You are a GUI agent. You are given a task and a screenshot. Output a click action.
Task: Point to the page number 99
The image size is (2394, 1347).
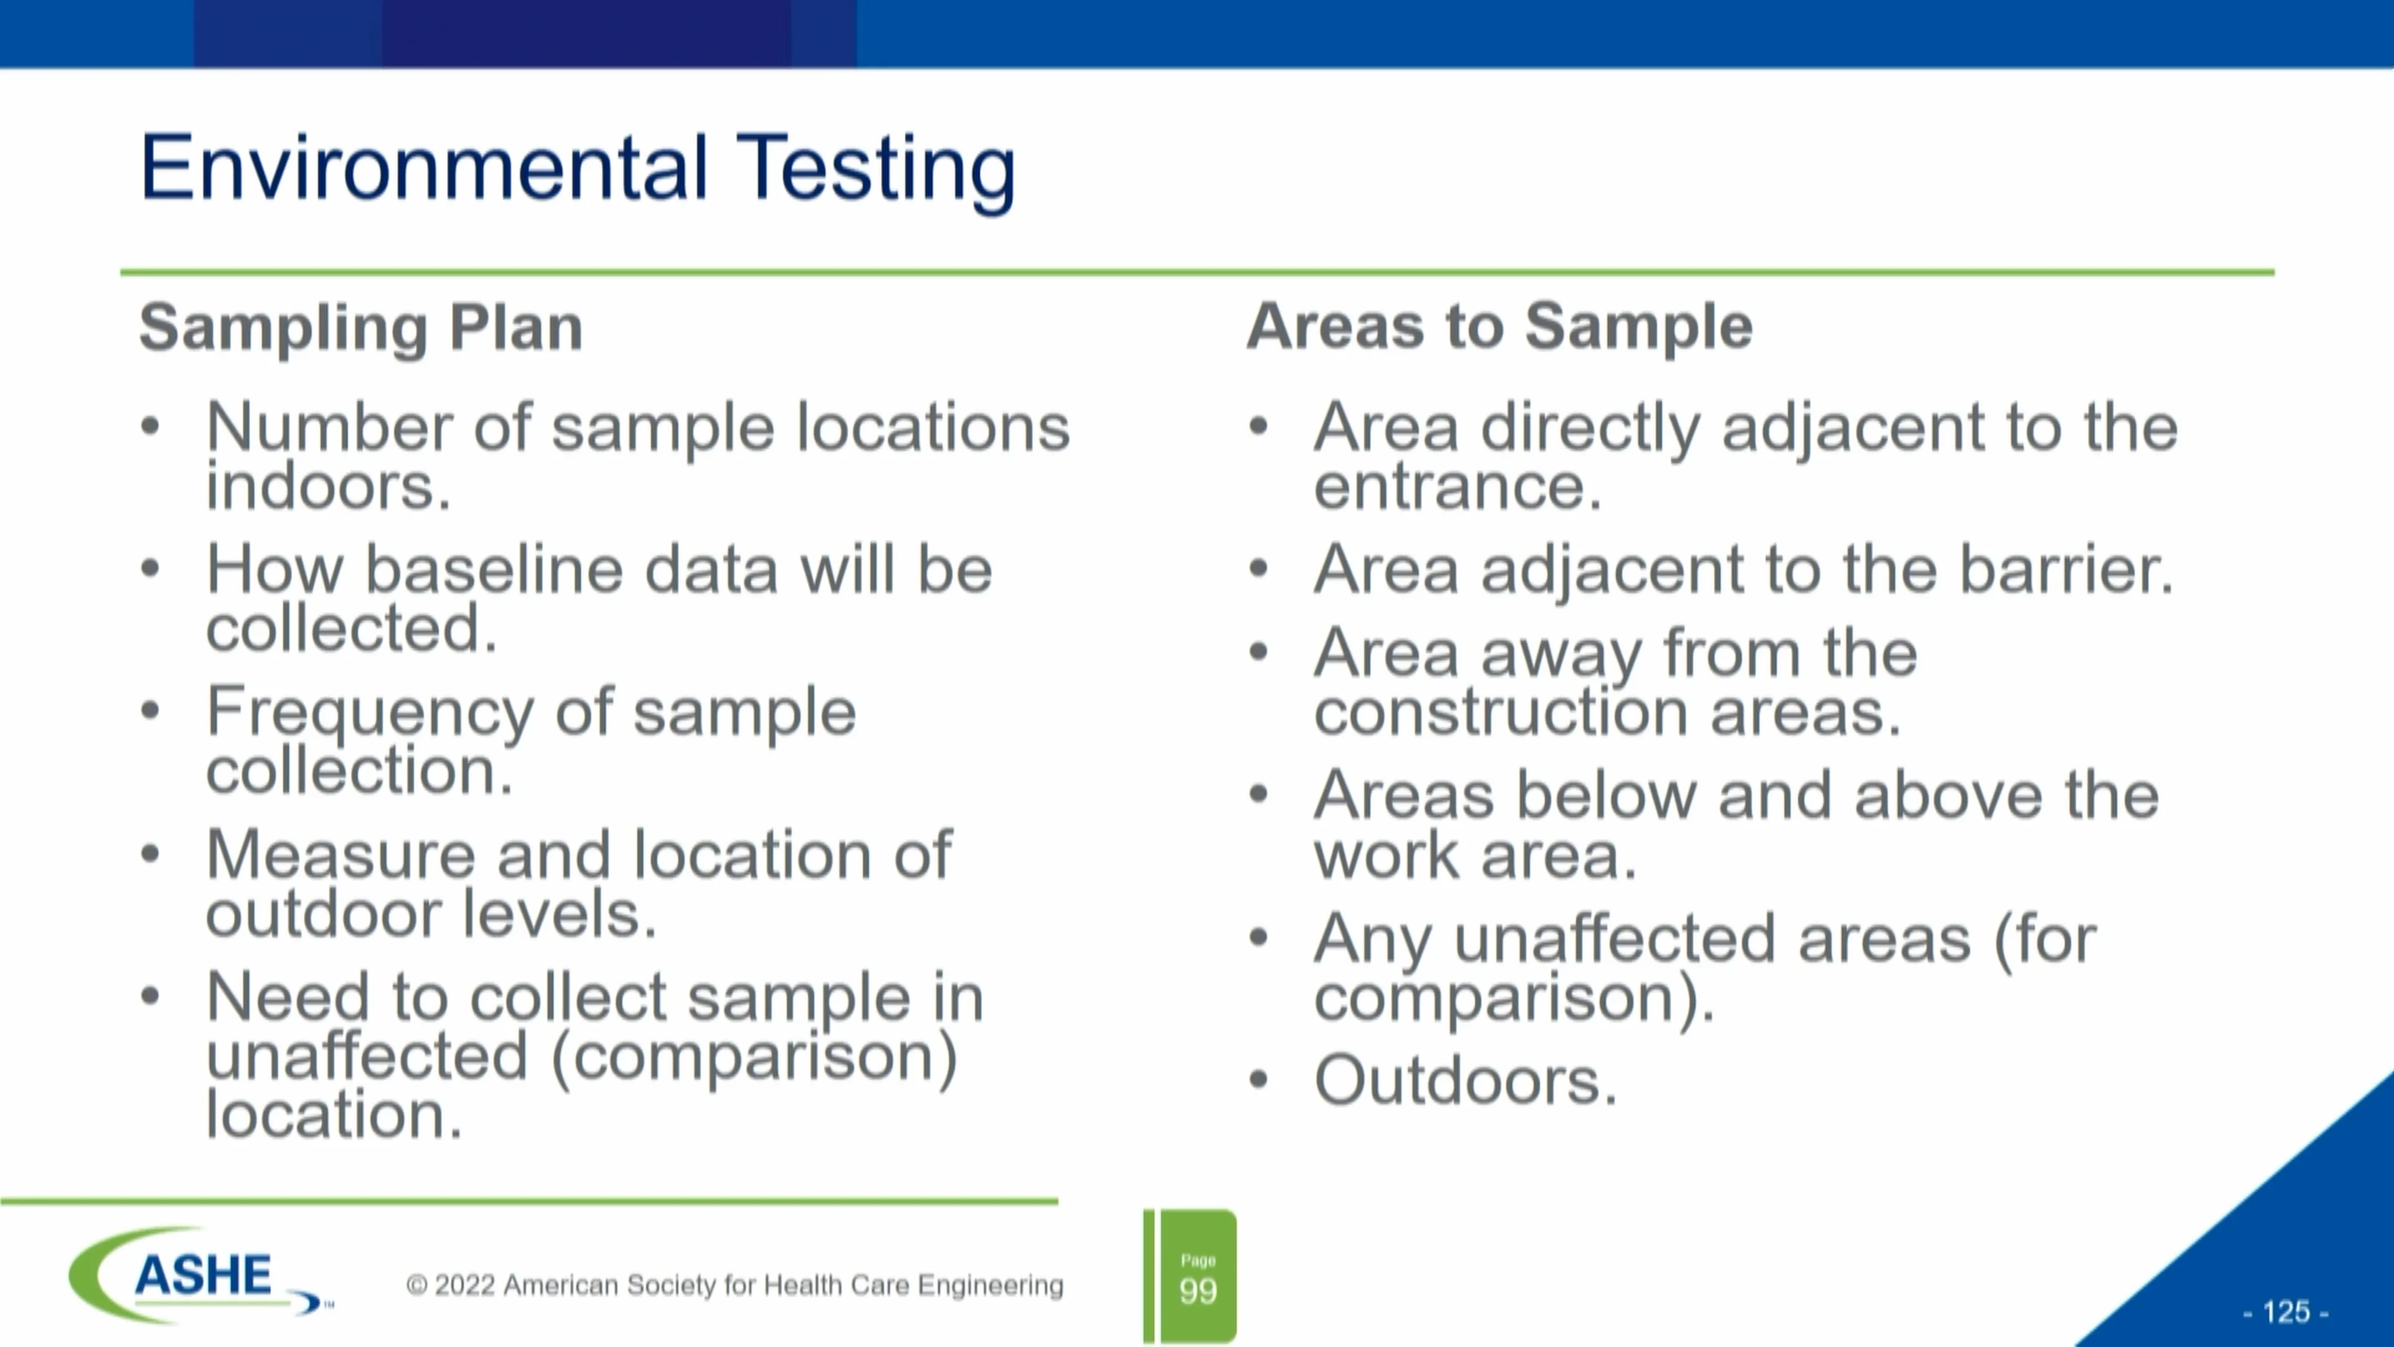pyautogui.click(x=1197, y=1290)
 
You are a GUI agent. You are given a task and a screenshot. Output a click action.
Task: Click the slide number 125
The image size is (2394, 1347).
pyautogui.click(x=2286, y=1311)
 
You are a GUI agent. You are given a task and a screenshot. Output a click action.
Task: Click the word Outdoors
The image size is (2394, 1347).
pyautogui.click(x=1464, y=1081)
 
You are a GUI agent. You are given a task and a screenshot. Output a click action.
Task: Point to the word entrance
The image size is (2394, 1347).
pyautogui.click(x=1456, y=487)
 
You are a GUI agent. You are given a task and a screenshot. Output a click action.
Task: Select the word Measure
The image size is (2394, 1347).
pyautogui.click(x=340, y=855)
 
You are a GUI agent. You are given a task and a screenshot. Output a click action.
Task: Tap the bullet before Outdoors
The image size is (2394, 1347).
pyautogui.click(x=1258, y=1080)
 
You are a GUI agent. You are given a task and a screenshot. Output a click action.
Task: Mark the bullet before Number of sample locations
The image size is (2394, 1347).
pyautogui.click(x=150, y=427)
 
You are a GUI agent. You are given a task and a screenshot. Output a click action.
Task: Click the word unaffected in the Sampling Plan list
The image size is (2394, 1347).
pyautogui.click(x=367, y=1057)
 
